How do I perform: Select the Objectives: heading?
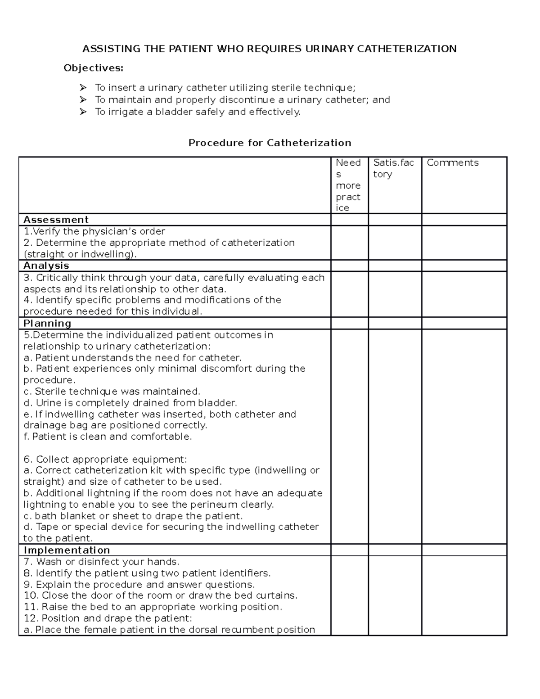point(93,68)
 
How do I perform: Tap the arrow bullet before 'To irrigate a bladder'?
point(83,112)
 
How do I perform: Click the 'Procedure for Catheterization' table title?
point(270,143)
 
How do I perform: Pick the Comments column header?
point(452,163)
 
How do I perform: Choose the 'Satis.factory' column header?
point(393,168)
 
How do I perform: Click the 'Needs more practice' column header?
point(348,185)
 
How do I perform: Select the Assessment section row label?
point(56,220)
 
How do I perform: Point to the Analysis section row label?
point(46,266)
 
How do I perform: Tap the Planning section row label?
point(47,323)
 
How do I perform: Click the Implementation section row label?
point(67,550)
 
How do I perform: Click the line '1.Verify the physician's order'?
point(94,231)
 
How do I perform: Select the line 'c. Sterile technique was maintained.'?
point(112,391)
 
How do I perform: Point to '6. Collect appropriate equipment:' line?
point(105,459)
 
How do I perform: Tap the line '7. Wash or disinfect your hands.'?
point(101,561)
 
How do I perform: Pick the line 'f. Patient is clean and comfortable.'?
point(108,436)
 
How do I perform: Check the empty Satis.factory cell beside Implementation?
point(395,550)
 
